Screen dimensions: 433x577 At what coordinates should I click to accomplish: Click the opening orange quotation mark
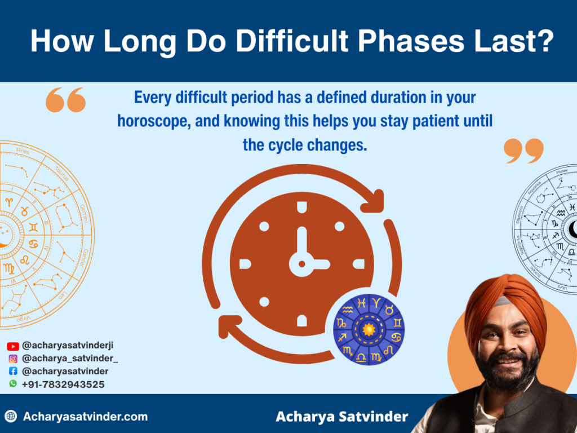[x=65, y=100]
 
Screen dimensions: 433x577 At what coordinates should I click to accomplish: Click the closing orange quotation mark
[x=523, y=151]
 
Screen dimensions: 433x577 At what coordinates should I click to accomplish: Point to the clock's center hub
[x=301, y=263]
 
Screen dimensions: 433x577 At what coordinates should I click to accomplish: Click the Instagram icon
[x=13, y=359]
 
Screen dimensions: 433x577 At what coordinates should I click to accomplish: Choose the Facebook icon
[x=13, y=372]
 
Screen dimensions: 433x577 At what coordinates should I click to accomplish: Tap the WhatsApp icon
[x=13, y=384]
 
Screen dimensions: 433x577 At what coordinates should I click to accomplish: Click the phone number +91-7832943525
[x=63, y=384]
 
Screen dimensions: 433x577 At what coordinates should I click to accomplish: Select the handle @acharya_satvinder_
[x=70, y=359]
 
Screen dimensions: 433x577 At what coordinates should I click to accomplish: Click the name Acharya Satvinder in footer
[x=342, y=417]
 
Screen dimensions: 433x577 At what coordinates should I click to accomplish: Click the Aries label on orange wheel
[x=23, y=151]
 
